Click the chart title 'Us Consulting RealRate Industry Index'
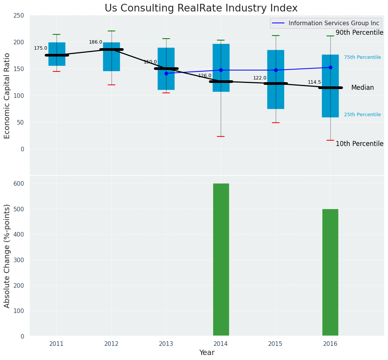(201, 8)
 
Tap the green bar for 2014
(221, 260)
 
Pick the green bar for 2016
(330, 272)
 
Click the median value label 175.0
(40, 49)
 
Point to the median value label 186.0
(95, 42)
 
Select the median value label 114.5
(314, 83)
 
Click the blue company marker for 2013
(166, 73)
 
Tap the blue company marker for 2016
(330, 67)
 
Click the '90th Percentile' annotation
(359, 33)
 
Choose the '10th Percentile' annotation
(359, 144)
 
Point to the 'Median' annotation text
(362, 88)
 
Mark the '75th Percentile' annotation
(362, 57)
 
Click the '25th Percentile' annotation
(362, 115)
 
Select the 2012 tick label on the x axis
(111, 344)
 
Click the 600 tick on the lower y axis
(18, 183)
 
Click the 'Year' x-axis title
(207, 353)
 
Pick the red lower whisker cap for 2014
(221, 136)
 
